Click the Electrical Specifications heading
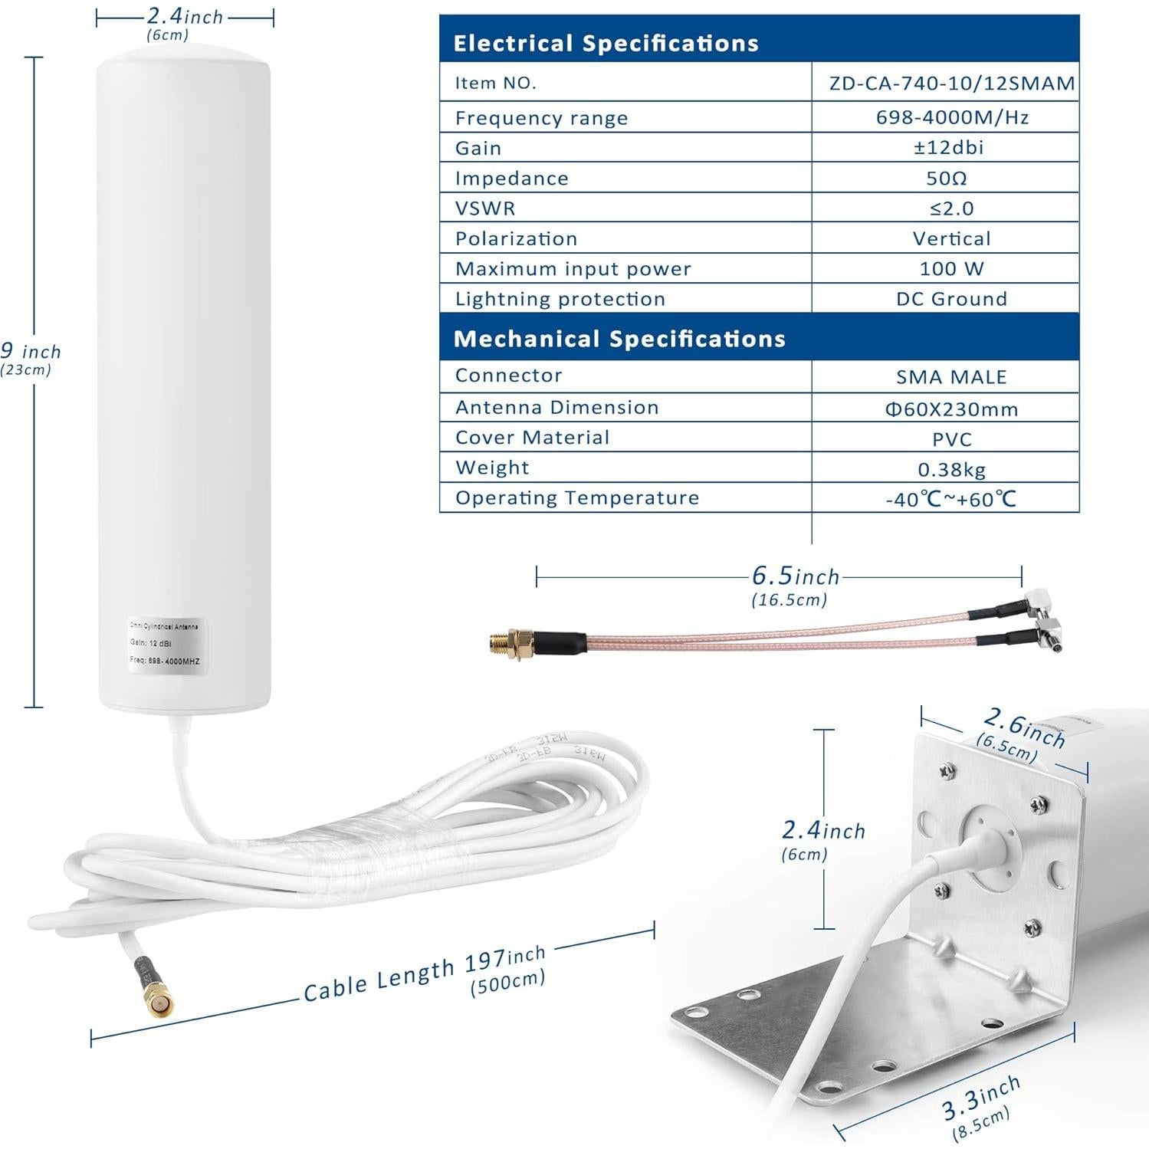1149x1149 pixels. click(606, 43)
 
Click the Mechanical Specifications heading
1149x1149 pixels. click(619, 339)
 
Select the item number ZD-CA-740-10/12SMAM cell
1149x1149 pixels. click(951, 83)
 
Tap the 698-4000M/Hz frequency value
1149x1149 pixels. click(951, 117)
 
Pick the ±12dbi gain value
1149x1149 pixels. click(948, 147)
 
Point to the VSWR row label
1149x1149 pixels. click(485, 208)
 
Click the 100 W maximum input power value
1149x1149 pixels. click(951, 268)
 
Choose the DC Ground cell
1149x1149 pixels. click(951, 299)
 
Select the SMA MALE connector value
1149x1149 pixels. click(951, 377)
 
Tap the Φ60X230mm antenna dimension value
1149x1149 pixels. click(951, 409)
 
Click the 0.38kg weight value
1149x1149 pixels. click(951, 469)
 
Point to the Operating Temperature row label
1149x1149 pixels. click(576, 498)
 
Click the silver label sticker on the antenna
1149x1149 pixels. click(165, 645)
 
